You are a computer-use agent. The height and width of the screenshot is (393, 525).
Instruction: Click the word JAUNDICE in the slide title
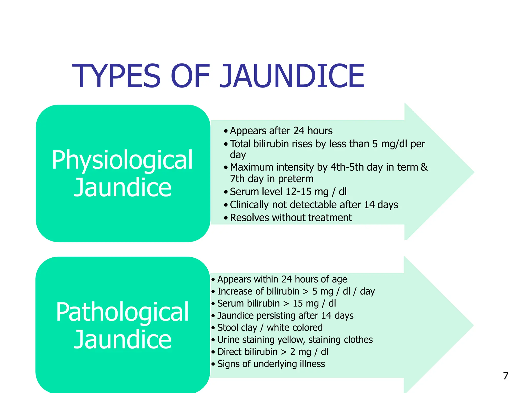(292, 76)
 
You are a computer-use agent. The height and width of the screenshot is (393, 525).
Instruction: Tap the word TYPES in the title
(117, 76)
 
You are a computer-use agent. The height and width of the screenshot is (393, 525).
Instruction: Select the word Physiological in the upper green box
(122, 160)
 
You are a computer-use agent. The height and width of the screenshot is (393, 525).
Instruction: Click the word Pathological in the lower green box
(123, 312)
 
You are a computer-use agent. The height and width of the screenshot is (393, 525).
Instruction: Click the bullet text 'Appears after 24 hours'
(281, 131)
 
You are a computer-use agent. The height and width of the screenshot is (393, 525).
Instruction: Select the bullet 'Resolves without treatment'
(291, 218)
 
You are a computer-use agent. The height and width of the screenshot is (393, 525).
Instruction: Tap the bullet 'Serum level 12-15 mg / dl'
(288, 192)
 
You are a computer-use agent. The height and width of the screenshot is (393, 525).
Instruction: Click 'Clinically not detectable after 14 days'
(314, 205)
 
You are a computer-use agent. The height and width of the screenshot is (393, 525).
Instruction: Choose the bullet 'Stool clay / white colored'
(270, 327)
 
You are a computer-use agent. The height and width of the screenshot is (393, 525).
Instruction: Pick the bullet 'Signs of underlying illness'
(271, 364)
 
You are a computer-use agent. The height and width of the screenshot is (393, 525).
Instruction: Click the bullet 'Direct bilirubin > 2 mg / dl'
(272, 352)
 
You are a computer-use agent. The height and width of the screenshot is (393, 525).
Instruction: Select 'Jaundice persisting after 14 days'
(285, 315)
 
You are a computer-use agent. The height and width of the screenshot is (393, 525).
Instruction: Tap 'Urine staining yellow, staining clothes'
(295, 340)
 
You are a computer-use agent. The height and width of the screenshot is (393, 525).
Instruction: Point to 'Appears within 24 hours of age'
(282, 279)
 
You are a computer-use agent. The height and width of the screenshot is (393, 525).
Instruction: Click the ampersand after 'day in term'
(424, 167)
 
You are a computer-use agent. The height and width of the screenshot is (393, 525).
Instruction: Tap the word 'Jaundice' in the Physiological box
(122, 188)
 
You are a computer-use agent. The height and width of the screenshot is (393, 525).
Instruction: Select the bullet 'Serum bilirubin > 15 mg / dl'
(276, 303)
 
